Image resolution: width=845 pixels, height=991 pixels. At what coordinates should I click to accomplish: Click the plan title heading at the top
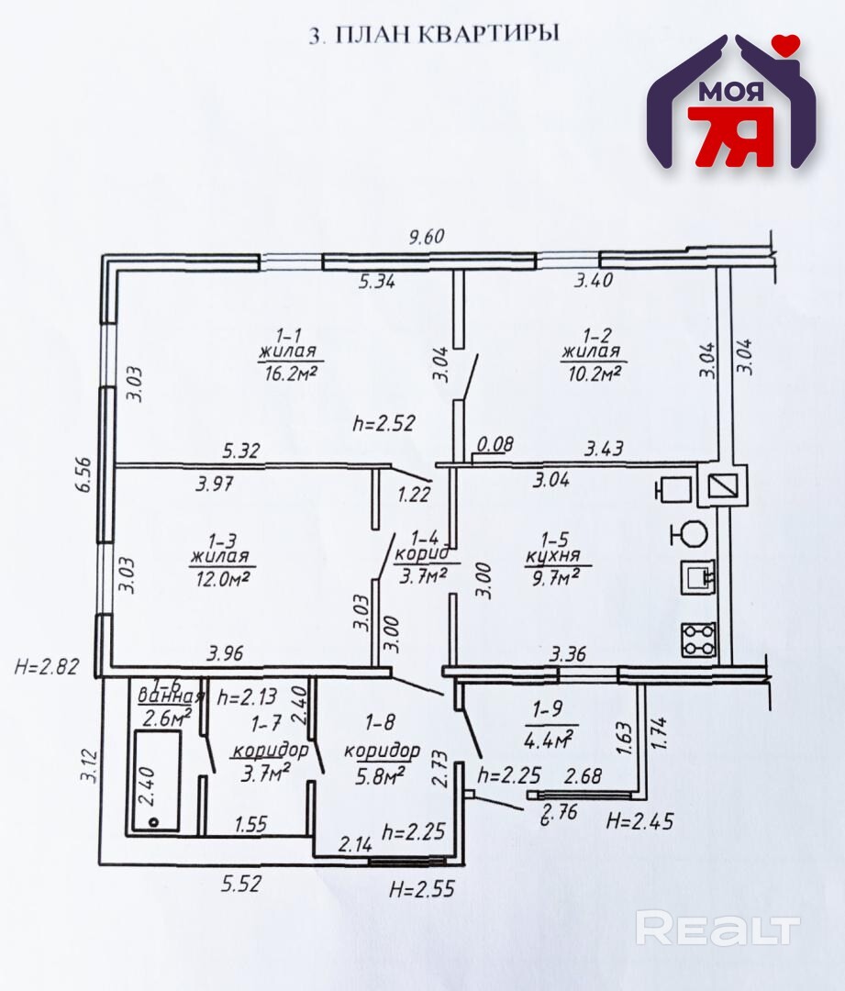434,34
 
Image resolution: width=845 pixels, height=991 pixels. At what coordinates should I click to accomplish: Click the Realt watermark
717,929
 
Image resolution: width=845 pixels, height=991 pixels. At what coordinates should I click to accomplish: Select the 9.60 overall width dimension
427,237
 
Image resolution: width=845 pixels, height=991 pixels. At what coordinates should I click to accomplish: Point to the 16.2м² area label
287,373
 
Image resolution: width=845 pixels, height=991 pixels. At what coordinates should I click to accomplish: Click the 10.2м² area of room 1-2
591,373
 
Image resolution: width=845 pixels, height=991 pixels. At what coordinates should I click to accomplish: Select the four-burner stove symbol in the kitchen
697,639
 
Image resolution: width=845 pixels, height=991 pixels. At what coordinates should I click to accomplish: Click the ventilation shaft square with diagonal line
723,486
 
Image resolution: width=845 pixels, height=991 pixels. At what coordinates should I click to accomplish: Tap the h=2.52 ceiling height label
384,423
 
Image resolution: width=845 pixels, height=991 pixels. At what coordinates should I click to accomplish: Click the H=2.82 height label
47,666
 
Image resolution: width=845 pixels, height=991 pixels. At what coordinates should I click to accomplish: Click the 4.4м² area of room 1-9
549,738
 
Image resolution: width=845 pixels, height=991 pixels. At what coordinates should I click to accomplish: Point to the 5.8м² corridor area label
380,774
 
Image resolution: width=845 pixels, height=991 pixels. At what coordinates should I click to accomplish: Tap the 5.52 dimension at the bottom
240,883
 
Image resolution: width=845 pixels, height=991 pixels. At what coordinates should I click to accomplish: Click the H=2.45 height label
639,821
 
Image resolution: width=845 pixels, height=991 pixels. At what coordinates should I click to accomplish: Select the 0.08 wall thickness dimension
495,444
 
